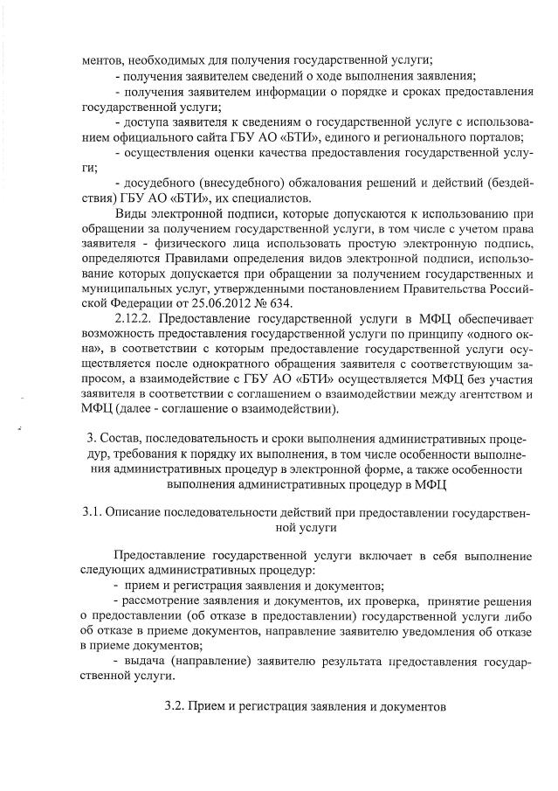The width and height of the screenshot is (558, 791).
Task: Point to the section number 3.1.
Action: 90,511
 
